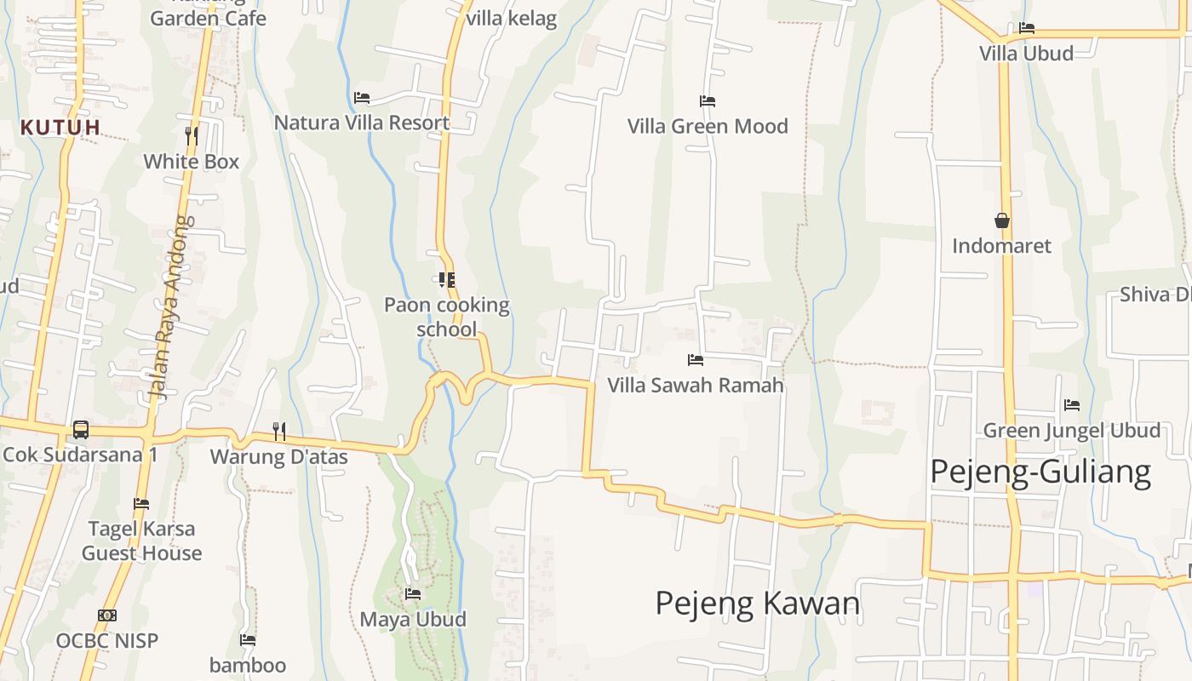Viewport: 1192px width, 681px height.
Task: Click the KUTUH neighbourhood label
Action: coord(60,128)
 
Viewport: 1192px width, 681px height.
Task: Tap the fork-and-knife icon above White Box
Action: coord(192,135)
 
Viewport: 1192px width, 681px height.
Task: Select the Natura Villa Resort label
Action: coord(361,123)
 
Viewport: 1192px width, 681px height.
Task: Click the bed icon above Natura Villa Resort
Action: coord(362,98)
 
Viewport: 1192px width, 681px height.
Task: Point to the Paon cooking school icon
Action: coord(446,279)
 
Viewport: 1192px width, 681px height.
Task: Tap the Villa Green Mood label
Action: coord(708,126)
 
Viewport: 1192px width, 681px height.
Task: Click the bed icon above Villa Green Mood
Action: coord(707,101)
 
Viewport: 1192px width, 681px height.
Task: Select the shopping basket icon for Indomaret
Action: coord(1002,220)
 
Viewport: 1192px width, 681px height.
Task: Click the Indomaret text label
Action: coord(1001,246)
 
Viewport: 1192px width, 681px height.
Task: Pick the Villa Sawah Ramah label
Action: coord(695,385)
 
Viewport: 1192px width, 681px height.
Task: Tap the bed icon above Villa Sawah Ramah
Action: coord(696,360)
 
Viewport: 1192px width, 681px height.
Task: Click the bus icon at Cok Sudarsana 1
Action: coord(81,430)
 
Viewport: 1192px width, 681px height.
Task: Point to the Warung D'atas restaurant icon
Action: coord(278,432)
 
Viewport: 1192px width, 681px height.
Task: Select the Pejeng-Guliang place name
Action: coord(1040,471)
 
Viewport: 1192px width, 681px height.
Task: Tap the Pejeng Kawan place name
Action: coord(757,603)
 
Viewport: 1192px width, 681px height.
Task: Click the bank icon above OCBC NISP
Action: coord(107,615)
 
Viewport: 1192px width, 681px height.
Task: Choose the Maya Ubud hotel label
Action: coord(413,619)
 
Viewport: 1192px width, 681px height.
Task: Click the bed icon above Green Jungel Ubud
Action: coord(1072,405)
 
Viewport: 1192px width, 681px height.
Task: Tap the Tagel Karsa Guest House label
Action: coord(141,541)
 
